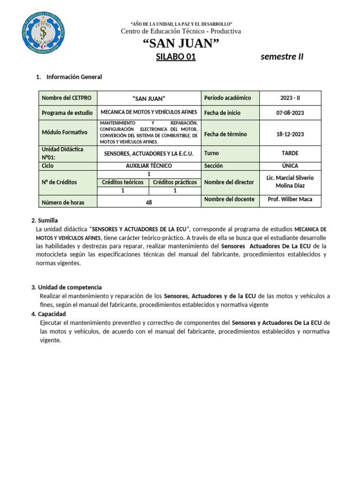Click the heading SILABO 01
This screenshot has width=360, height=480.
pos(175,57)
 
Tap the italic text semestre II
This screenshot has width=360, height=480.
pos(282,57)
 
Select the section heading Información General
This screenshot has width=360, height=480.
pos(74,77)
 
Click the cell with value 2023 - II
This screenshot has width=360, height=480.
pos(290,98)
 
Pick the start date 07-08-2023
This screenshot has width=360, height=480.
pos(290,112)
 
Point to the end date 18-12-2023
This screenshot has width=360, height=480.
pos(290,134)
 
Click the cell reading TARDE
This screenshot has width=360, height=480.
pos(290,153)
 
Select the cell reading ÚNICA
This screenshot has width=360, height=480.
pos(290,166)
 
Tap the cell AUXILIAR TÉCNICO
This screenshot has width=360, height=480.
pos(149,166)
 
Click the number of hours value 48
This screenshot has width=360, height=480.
pos(149,202)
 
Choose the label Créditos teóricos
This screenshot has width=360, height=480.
pos(123,182)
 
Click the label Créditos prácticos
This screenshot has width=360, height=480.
pos(175,182)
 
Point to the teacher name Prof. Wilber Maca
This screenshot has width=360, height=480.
pos(290,199)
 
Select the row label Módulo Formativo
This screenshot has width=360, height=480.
pos(64,132)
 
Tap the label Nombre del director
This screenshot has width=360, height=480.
pos(229,182)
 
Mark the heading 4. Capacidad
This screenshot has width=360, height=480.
pos(49,314)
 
